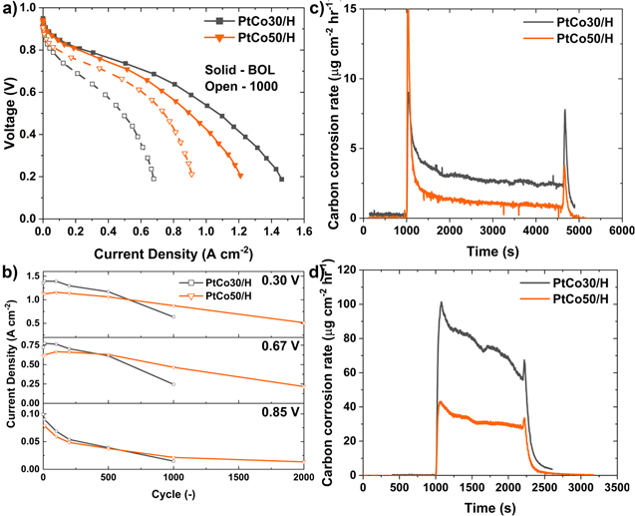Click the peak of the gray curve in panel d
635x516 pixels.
pos(441,302)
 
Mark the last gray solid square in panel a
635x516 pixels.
pos(281,180)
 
